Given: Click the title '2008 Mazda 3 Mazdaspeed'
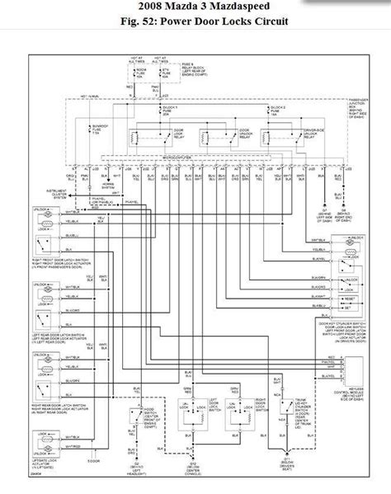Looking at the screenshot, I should [x=195, y=7].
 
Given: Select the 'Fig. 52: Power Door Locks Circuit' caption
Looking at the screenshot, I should [x=195, y=22].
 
